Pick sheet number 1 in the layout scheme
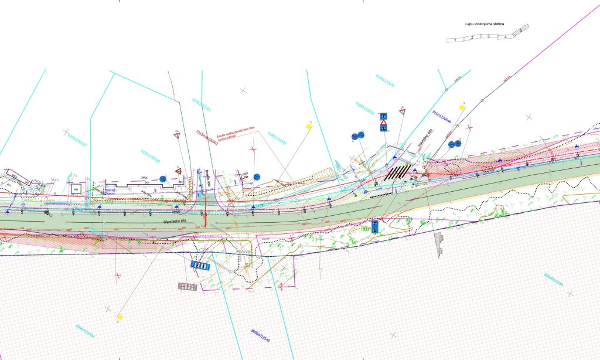coord(455,39)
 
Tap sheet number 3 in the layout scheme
coord(488,36)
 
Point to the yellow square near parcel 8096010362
coord(120,317)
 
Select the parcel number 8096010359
coord(553,285)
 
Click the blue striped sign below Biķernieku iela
coord(200,266)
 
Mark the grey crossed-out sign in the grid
coord(187,287)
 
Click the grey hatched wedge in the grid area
coord(439,244)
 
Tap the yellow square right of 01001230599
coord(462,107)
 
